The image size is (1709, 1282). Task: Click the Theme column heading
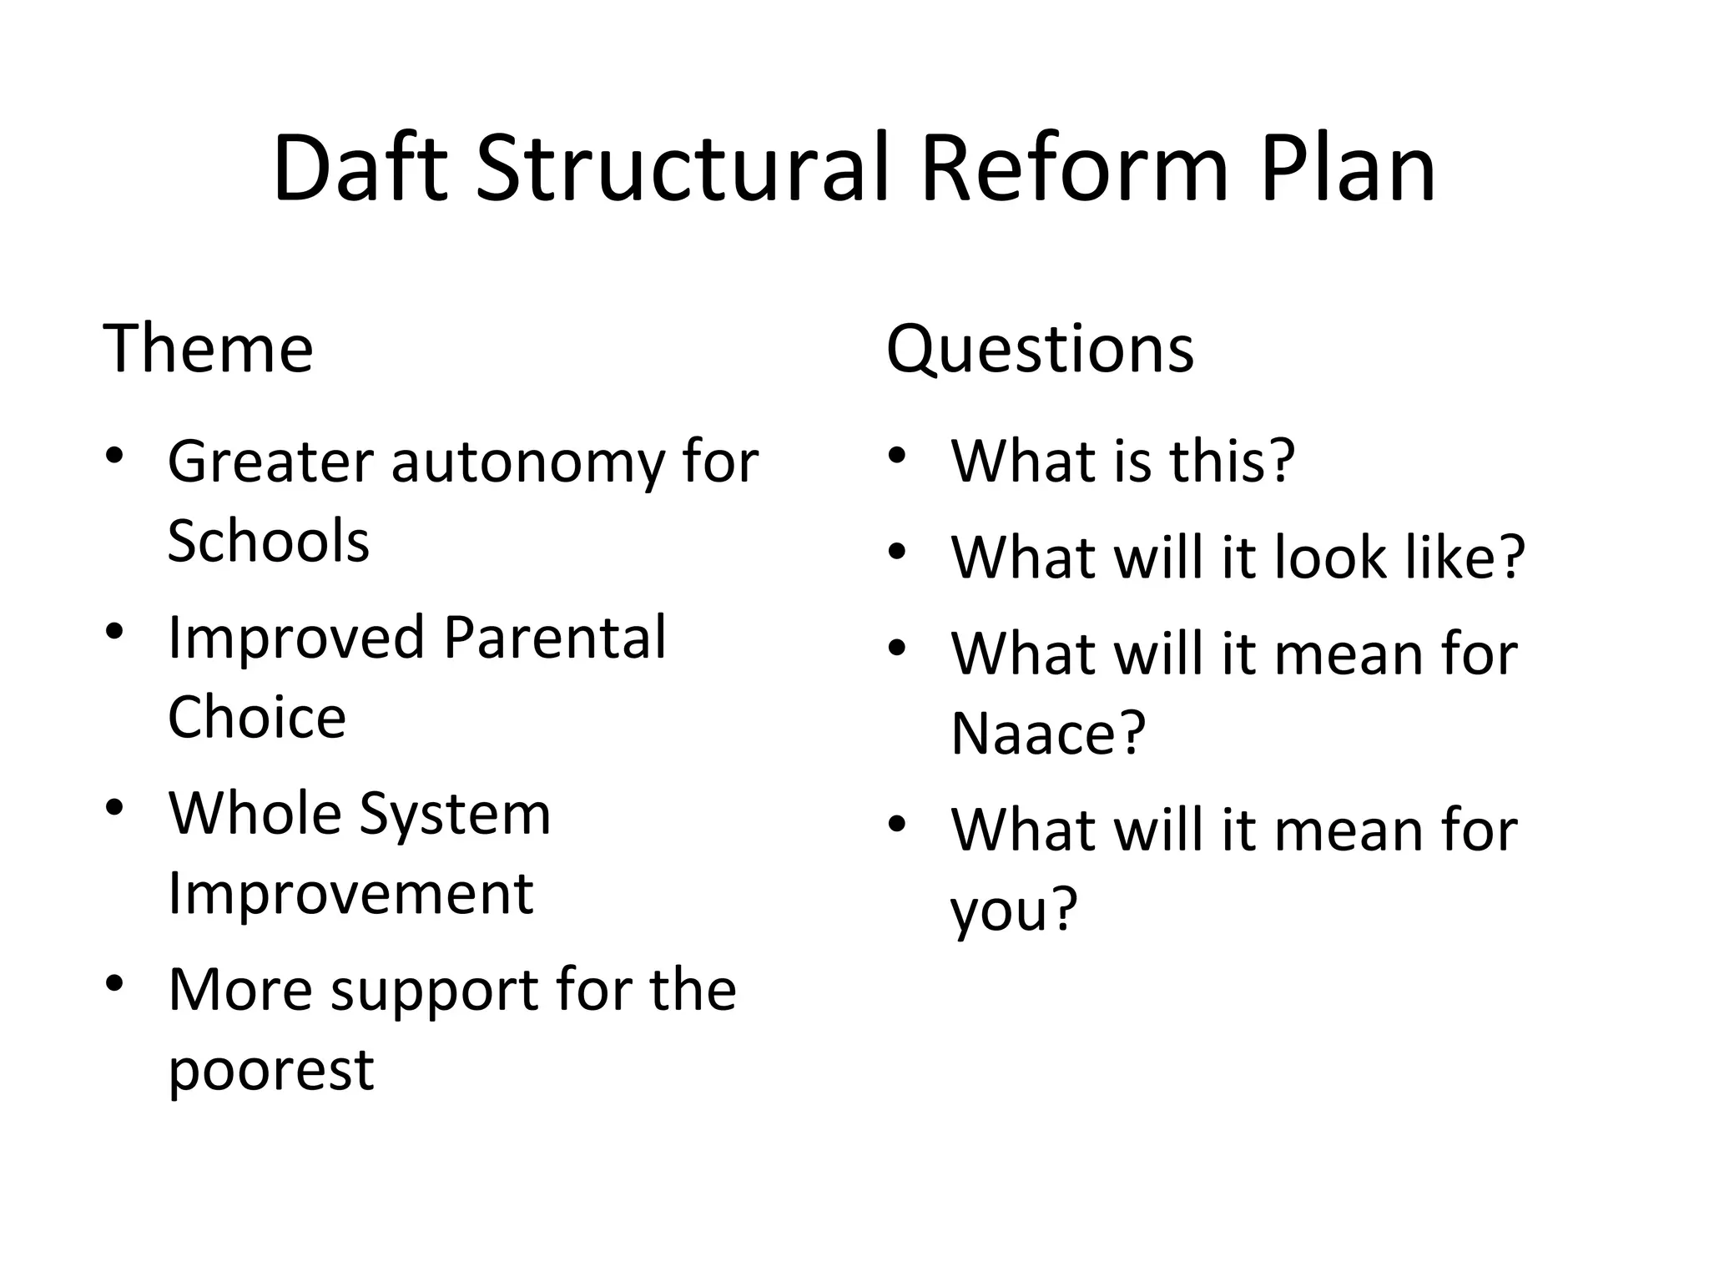(208, 348)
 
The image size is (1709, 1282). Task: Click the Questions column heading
(1040, 350)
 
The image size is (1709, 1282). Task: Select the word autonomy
(527, 463)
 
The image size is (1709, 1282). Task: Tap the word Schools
(268, 541)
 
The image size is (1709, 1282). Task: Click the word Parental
(554, 638)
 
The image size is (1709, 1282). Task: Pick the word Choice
(256, 718)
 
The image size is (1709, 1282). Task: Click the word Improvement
(350, 893)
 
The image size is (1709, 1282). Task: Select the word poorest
(270, 1071)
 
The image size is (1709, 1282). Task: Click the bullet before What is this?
(897, 456)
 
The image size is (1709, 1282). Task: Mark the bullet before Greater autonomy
(114, 456)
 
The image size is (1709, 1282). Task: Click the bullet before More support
(114, 983)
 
